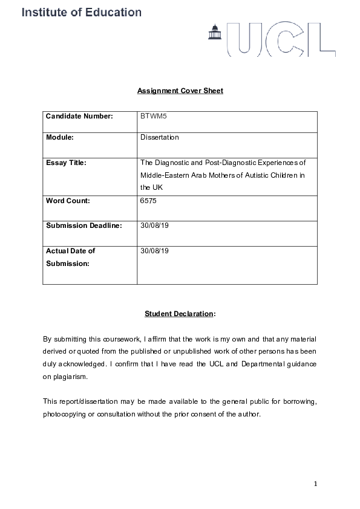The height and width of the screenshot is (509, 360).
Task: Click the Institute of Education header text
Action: pyautogui.click(x=82, y=12)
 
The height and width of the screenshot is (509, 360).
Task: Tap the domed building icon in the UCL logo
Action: pyautogui.click(x=214, y=33)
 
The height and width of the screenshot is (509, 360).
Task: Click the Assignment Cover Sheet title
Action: pyautogui.click(x=180, y=91)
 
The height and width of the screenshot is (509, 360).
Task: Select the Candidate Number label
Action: pyautogui.click(x=80, y=116)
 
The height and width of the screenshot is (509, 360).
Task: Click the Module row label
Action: pyautogui.click(x=60, y=137)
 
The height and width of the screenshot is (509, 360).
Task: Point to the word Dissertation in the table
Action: pyautogui.click(x=160, y=137)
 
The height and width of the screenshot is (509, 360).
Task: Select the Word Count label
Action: pyautogui.click(x=68, y=201)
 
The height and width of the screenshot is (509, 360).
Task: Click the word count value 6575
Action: pyautogui.click(x=148, y=201)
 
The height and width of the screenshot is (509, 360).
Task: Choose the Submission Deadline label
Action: pyautogui.click(x=84, y=225)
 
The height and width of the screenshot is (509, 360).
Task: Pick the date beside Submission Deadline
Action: pyautogui.click(x=152, y=225)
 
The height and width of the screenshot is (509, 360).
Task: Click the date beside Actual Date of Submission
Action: pyautogui.click(x=152, y=250)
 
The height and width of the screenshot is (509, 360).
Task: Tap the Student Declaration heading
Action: pyautogui.click(x=179, y=314)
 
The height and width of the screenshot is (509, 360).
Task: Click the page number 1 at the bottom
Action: pyautogui.click(x=315, y=483)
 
